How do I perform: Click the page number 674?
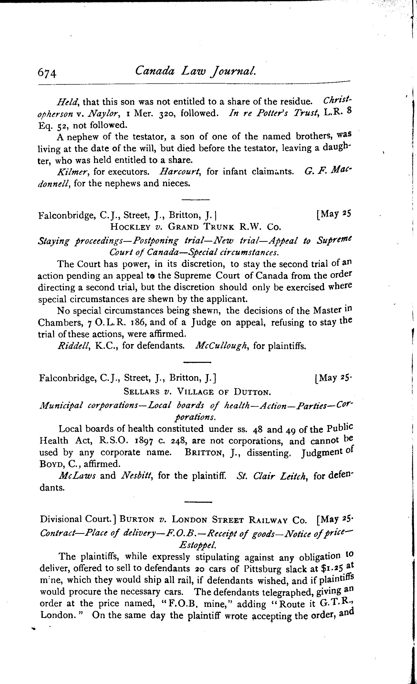(x=47, y=74)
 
